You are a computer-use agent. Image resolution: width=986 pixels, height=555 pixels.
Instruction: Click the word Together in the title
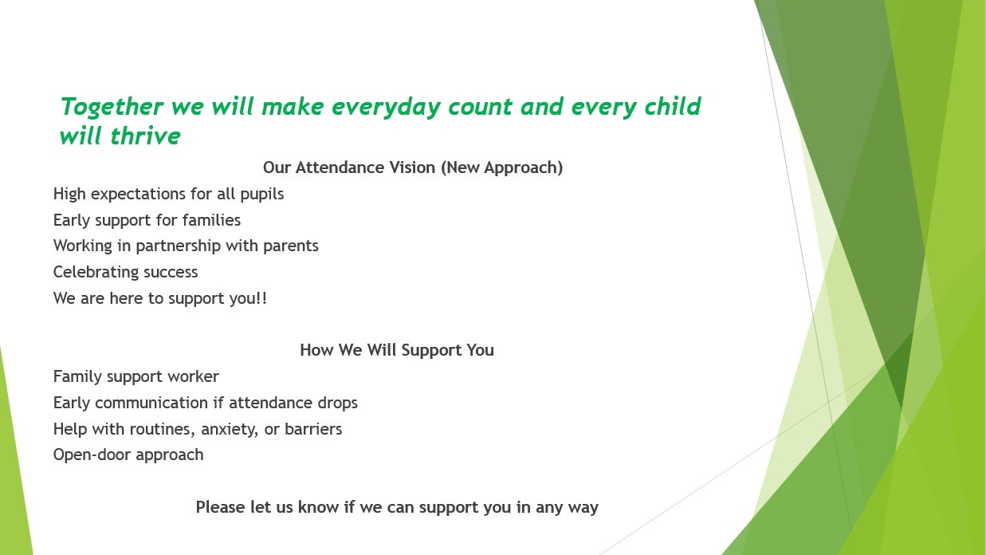112,107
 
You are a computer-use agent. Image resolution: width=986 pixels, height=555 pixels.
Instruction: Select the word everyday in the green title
385,107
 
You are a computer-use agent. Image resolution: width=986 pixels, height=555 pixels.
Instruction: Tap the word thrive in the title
145,136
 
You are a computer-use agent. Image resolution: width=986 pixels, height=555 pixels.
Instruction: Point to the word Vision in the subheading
415,167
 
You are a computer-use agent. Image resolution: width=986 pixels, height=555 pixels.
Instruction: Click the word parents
290,246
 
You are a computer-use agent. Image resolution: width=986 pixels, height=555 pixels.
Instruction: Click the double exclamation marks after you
261,297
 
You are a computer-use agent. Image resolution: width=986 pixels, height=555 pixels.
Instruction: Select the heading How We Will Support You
397,350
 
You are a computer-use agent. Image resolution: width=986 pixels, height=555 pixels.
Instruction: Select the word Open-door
92,455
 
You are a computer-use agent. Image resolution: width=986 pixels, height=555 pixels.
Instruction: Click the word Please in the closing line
220,507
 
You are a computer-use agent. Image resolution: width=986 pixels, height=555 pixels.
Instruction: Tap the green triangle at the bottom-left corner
14,462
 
